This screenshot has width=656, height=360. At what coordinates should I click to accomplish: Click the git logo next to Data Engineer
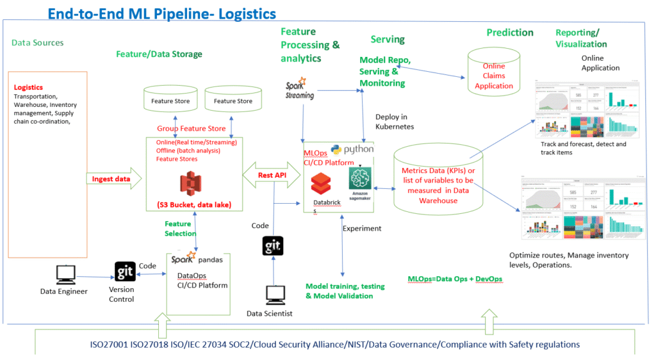[x=125, y=272]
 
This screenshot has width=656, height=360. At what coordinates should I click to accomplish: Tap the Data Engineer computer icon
[x=65, y=274]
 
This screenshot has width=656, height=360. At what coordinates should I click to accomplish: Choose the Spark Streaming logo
[x=299, y=89]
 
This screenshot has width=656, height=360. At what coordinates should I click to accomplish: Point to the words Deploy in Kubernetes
[x=395, y=122]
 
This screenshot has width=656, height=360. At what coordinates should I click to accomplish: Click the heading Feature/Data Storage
[x=159, y=54]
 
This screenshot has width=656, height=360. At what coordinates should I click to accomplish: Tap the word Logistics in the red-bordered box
[x=28, y=87]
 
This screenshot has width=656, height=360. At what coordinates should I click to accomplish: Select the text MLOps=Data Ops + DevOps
[x=455, y=279]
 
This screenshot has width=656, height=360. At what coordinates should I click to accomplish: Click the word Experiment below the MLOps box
[x=362, y=228]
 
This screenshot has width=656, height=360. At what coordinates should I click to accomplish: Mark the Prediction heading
[x=509, y=33]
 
